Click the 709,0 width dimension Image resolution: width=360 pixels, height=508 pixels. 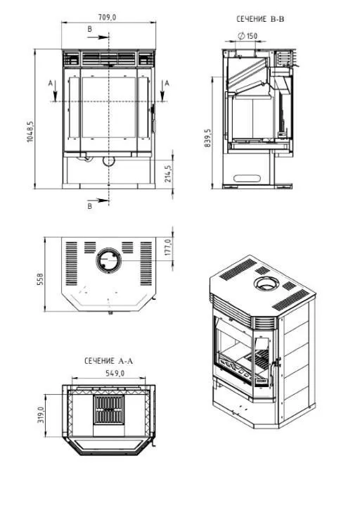tap(107, 17)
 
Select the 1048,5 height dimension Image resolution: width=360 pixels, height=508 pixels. tap(30, 132)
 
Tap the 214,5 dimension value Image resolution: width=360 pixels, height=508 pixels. tap(168, 174)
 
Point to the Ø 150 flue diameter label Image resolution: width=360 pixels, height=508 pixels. tap(247, 36)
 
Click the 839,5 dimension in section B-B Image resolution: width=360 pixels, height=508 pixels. tap(207, 138)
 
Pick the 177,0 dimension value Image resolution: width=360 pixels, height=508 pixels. tap(168, 247)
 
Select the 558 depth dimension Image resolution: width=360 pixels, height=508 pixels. tap(41, 279)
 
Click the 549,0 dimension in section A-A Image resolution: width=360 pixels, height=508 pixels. tap(115, 374)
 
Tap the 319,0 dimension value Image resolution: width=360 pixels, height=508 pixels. tap(41, 415)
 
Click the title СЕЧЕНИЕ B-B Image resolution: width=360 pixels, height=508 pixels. tap(260, 19)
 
